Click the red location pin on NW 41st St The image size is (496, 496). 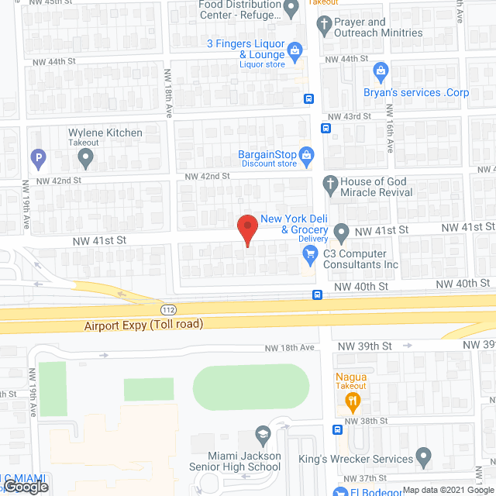(246, 228)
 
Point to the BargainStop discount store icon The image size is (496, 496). (306, 155)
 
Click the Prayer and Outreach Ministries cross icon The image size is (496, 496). (324, 23)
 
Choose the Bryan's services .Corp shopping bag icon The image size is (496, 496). (381, 73)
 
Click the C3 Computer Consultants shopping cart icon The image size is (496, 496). (311, 253)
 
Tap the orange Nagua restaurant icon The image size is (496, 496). (351, 401)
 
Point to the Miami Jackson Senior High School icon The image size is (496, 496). (261, 434)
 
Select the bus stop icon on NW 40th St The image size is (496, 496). (318, 294)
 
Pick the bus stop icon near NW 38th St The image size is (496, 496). (337, 430)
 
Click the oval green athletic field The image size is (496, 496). (250, 387)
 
